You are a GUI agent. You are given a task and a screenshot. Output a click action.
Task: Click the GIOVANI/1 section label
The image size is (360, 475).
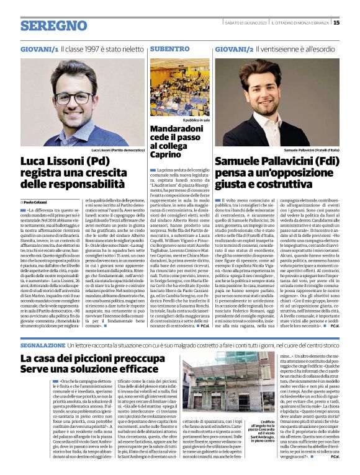coord(39,48)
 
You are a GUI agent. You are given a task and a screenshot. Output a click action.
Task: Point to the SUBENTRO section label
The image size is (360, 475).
coord(169,48)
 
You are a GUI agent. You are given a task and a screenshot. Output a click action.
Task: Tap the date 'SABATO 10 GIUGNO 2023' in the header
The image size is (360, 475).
coord(245,23)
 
